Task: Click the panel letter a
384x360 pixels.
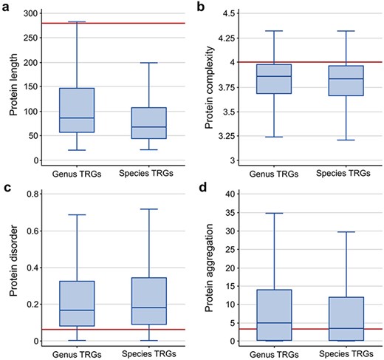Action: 5,7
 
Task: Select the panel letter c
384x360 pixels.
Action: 5,186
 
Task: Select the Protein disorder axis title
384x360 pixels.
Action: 12,268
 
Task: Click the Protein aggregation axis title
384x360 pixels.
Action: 209,268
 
